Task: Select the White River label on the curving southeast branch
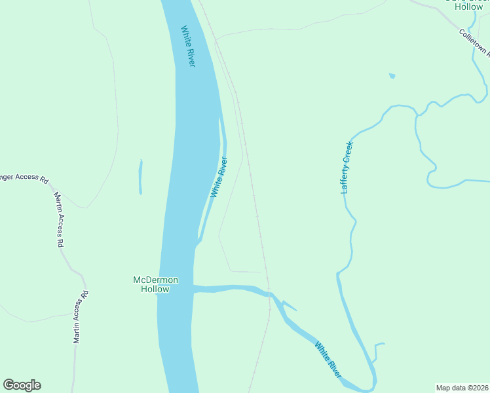(x=328, y=360)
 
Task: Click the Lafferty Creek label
(x=347, y=167)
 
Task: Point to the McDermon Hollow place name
(x=155, y=284)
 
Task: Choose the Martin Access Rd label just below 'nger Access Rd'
(x=58, y=219)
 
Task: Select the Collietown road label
(x=474, y=41)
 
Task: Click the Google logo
(x=22, y=385)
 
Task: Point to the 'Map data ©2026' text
(x=462, y=388)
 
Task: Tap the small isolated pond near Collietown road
(x=392, y=76)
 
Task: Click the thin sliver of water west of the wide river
(x=140, y=177)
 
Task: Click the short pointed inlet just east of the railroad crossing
(x=291, y=307)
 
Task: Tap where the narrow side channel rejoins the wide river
(x=198, y=244)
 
